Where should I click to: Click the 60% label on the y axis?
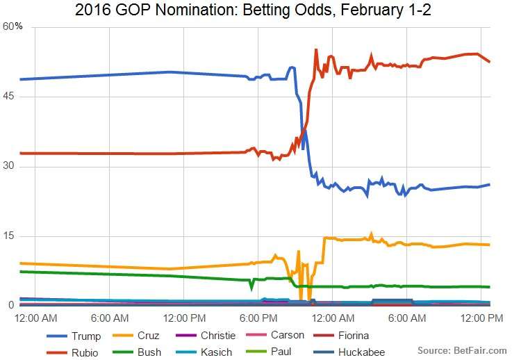13,26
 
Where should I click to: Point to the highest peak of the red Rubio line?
316,49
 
